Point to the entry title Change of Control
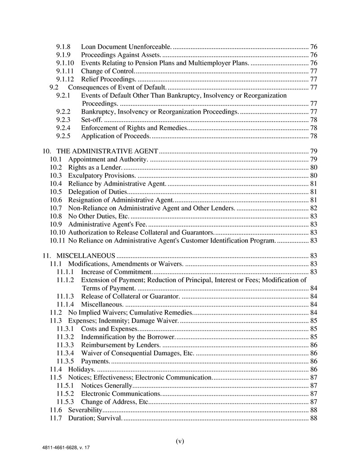tap(107, 71)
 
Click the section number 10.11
tap(58, 241)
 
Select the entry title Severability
tap(85, 410)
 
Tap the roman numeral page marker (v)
tap(180, 441)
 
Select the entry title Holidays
tap(81, 370)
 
